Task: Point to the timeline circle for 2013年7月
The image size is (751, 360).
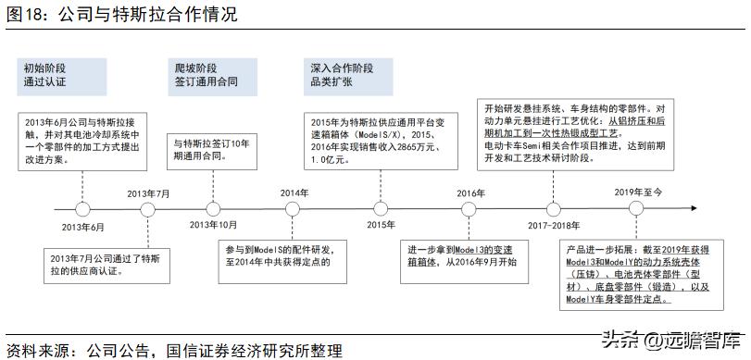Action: point(147,209)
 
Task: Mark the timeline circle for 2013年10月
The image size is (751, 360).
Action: point(213,209)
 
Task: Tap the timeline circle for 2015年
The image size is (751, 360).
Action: point(380,209)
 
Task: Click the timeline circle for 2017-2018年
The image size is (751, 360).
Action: point(554,209)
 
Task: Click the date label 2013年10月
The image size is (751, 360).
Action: point(213,226)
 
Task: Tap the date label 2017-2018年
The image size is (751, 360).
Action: point(554,226)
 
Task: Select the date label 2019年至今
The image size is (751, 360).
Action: point(640,192)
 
